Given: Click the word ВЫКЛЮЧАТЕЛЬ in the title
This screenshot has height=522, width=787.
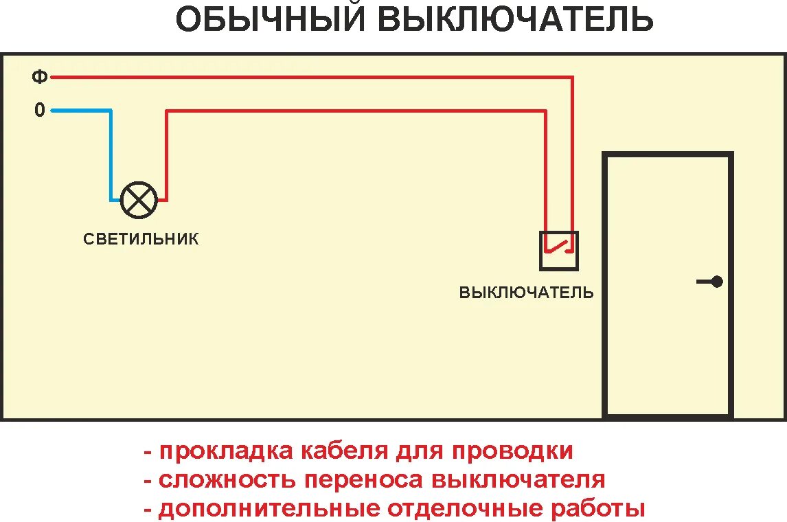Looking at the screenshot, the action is point(514,19).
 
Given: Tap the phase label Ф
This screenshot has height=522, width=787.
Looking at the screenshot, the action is point(40,77).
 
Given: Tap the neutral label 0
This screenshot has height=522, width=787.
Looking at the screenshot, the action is point(40,110).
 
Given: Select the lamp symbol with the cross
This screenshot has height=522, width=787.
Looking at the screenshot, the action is point(139,200).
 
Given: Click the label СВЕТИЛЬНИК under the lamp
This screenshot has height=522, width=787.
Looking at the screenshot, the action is point(141,239).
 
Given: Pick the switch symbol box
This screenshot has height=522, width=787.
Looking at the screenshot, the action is point(559,251).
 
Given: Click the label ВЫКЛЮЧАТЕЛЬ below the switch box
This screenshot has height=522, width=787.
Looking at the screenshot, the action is point(526,293).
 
